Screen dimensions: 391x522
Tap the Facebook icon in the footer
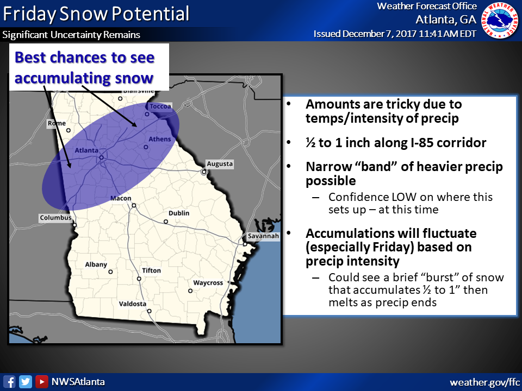point(9,382)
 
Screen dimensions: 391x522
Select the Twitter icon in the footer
point(25,382)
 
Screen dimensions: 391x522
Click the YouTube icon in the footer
point(41,382)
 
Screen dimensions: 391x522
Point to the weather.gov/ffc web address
point(484,382)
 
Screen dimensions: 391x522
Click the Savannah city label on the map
point(263,237)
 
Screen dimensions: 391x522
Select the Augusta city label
point(220,163)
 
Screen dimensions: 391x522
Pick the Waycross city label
point(208,283)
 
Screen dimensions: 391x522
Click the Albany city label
point(96,264)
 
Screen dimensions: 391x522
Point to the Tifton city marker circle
point(139,279)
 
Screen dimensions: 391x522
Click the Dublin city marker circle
point(166,222)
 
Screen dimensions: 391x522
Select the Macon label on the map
point(121,198)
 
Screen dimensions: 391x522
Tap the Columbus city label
point(55,218)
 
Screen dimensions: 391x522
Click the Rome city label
point(57,123)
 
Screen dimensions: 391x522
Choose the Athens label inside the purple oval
point(160,139)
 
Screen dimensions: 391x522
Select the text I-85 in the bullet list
point(398,143)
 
